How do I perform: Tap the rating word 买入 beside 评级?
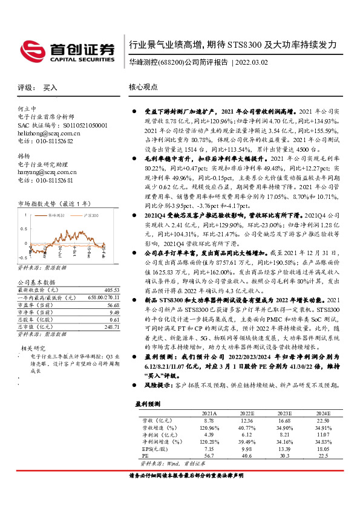(50, 87)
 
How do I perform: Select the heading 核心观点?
(143, 87)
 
